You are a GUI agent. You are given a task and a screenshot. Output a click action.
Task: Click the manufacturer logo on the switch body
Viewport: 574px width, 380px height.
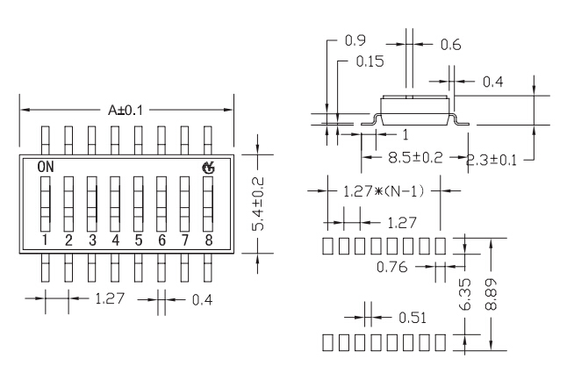[208, 167]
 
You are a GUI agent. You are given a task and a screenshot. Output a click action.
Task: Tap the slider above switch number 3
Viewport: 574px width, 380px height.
[91, 204]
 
